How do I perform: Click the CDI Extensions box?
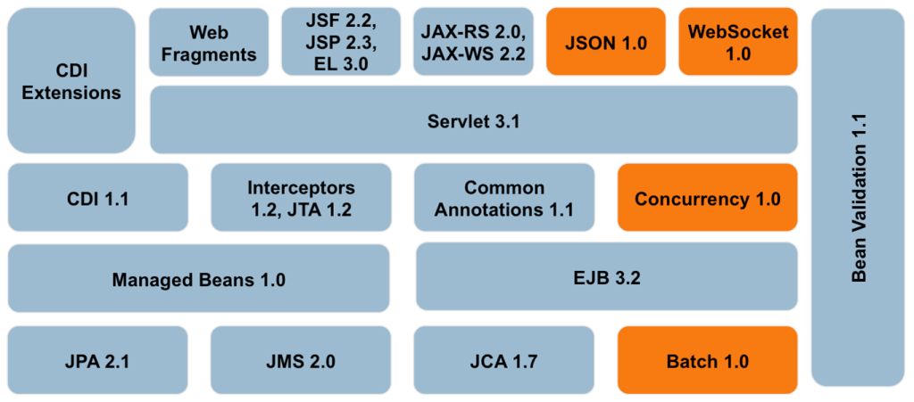(x=71, y=82)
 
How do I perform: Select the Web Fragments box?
(x=209, y=43)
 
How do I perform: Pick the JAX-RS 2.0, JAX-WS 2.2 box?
(x=473, y=43)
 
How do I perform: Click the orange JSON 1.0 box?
(x=605, y=43)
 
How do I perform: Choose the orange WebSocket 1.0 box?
(x=737, y=43)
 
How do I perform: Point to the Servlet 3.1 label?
(x=473, y=122)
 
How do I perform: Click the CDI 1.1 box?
(x=98, y=199)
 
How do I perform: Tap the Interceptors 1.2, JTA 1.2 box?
(x=301, y=199)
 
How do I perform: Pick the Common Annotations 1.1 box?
(x=504, y=199)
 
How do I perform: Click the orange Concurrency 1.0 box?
(x=707, y=199)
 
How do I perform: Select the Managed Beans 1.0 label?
(x=198, y=280)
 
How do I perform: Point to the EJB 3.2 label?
(x=607, y=278)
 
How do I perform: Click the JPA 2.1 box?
(x=98, y=361)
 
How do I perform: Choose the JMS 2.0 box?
(x=301, y=361)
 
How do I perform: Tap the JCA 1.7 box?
(x=504, y=361)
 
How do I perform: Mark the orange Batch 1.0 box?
(x=707, y=361)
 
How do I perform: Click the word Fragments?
(x=209, y=54)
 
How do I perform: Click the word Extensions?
(x=71, y=93)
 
